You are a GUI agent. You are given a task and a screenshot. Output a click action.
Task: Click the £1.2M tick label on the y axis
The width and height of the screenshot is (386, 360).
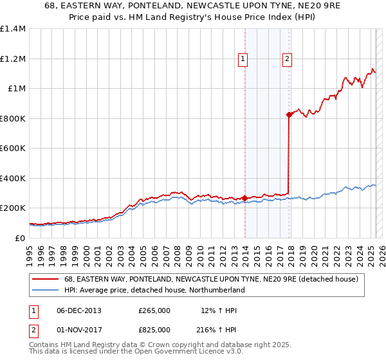coord(13,59)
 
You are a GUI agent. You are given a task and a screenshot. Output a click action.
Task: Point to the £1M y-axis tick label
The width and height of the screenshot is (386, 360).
coord(16,89)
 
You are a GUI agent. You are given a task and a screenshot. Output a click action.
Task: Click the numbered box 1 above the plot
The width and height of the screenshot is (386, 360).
coord(243,59)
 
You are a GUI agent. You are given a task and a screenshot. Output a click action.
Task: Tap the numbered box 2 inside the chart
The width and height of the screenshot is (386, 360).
coord(286,59)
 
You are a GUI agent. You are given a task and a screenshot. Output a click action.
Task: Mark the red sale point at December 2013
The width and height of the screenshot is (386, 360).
coord(245,199)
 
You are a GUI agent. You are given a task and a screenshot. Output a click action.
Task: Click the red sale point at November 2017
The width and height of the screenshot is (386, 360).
coord(289,114)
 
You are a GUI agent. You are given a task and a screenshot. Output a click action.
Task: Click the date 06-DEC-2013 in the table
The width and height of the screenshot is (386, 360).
coord(79,310)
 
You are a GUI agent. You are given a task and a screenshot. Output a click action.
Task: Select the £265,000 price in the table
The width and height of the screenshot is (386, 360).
coord(154,310)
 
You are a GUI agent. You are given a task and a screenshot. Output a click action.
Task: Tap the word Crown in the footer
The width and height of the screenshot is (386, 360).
coord(158,345)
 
